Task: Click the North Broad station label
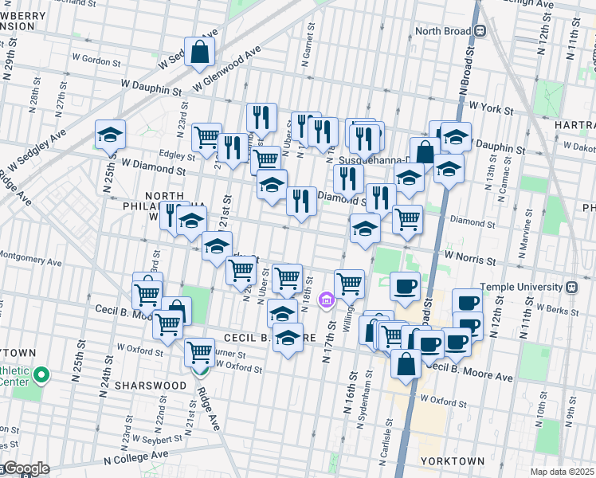tap(442, 31)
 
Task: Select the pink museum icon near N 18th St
tap(325, 300)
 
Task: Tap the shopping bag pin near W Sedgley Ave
tap(200, 53)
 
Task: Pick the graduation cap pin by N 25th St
tap(111, 135)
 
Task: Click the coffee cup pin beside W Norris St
tap(405, 287)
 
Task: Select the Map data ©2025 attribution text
tap(563, 472)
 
